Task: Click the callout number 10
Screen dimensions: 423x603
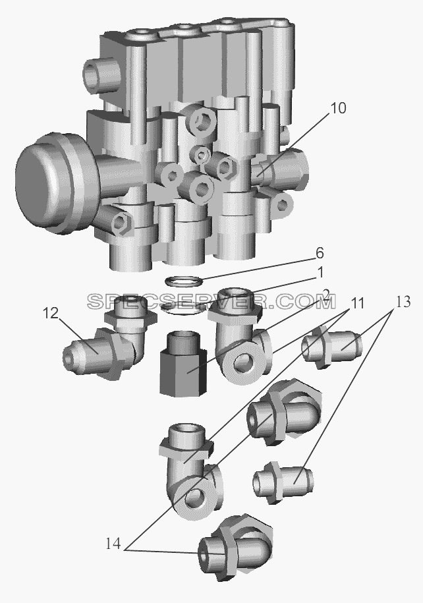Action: (338, 109)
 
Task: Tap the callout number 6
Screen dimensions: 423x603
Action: (320, 254)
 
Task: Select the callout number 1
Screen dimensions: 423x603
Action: (320, 273)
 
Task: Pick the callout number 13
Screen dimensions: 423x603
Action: (402, 302)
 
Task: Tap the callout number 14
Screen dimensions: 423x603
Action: (113, 544)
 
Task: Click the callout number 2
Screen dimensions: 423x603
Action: (326, 295)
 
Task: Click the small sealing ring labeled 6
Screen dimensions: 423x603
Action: (183, 281)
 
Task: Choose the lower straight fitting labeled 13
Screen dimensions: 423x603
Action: (283, 482)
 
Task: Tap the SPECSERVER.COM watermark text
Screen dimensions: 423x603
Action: (211, 302)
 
